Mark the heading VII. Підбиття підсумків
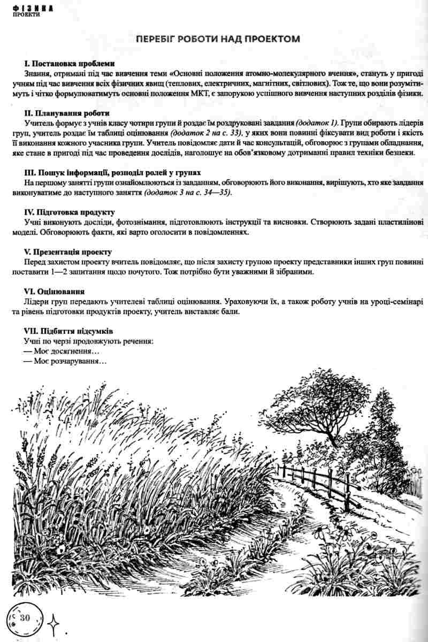click(68, 331)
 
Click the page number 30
click(25, 617)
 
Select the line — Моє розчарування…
click(65, 362)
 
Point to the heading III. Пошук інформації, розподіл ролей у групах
click(112, 173)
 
